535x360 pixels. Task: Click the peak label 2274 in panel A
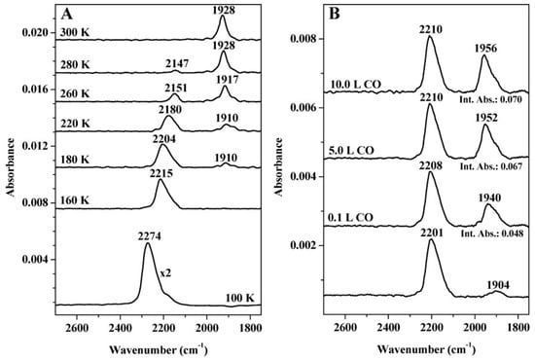[150, 235]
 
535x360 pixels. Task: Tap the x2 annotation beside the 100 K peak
[165, 273]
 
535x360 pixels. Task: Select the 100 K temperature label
[240, 298]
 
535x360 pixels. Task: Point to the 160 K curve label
[75, 200]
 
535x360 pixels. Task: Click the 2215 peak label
[161, 174]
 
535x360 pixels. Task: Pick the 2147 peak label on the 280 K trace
[177, 63]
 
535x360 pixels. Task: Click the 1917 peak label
[227, 80]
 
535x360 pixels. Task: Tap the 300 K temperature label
[75, 33]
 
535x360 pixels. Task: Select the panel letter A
[66, 14]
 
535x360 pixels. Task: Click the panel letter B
[335, 14]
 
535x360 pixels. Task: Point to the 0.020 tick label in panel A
[34, 33]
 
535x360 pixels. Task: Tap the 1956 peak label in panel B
[485, 48]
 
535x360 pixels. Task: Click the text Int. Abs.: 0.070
[491, 99]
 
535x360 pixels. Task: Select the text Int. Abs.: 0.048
[492, 234]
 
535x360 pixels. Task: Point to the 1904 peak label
[498, 285]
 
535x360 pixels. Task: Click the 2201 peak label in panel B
[432, 234]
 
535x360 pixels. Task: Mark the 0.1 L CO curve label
[350, 217]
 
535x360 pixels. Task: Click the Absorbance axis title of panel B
[279, 166]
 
